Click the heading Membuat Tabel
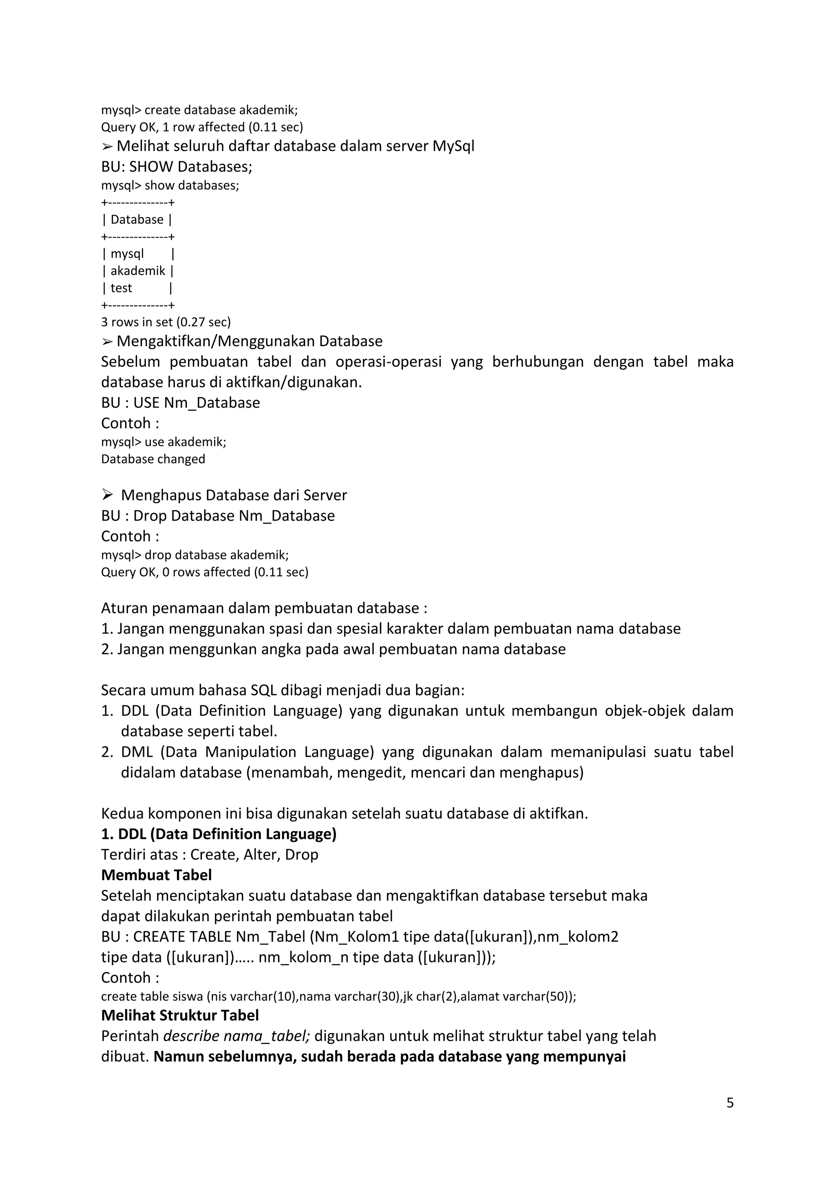156,875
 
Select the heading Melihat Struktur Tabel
180,1015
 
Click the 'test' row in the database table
121,288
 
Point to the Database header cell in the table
137,220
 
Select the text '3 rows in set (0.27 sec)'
166,322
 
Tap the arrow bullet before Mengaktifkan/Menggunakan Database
107,341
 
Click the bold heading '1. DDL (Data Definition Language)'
219,834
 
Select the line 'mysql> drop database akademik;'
195,555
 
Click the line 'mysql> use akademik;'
163,442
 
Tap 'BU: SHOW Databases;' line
177,167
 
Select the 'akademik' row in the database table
138,271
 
